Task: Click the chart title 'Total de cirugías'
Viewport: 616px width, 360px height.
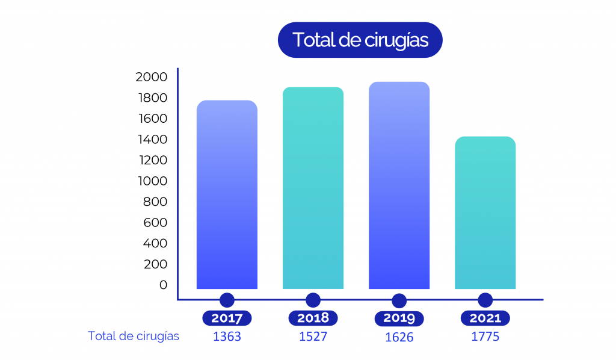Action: click(x=360, y=40)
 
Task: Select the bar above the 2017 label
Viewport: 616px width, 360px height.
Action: click(x=227, y=194)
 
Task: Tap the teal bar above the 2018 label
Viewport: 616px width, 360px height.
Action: click(x=313, y=188)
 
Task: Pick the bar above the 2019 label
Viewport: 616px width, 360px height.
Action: click(x=399, y=185)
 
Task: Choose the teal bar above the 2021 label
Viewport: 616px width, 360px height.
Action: click(x=485, y=213)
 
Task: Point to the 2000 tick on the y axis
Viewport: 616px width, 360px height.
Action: click(x=151, y=77)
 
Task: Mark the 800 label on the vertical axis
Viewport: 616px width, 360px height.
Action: click(x=155, y=202)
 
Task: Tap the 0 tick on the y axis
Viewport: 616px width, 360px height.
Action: click(x=163, y=285)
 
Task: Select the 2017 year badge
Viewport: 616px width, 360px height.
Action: click(x=227, y=318)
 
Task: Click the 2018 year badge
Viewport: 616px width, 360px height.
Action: click(x=313, y=318)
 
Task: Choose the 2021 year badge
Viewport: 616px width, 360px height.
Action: click(x=485, y=318)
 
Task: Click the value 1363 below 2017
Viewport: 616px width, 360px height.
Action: click(x=227, y=337)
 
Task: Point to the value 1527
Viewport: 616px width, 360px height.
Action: click(x=313, y=337)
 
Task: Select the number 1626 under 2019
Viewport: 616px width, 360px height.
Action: click(x=399, y=337)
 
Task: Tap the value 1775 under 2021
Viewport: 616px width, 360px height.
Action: click(x=485, y=337)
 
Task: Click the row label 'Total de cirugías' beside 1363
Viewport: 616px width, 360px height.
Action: click(x=134, y=336)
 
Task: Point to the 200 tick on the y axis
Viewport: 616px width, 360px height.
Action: click(x=155, y=264)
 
